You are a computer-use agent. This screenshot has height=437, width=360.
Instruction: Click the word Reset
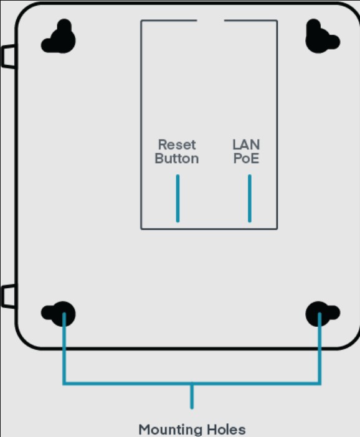point(177,144)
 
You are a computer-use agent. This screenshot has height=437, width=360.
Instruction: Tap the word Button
point(177,158)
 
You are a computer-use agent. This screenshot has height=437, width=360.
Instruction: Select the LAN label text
point(246,144)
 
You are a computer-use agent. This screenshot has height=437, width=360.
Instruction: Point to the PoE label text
point(246,158)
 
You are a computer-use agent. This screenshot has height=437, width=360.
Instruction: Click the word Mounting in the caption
point(169,430)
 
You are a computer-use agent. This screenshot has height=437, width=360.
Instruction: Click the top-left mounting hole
point(59,36)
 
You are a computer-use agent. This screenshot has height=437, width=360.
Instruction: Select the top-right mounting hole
point(323,36)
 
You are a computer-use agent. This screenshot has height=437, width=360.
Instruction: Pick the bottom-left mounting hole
point(59,314)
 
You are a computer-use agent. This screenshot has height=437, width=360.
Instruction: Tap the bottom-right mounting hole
point(323,314)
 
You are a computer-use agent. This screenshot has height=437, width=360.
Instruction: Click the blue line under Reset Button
point(178,199)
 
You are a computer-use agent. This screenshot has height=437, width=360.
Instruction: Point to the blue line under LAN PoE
point(250,199)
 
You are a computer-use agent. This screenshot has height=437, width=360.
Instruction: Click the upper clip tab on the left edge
point(8,56)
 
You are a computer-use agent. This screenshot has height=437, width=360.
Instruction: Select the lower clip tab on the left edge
point(8,296)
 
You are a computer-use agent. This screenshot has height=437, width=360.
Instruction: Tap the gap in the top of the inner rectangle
point(211,21)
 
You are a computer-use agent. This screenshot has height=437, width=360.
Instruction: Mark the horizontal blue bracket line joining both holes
point(192,383)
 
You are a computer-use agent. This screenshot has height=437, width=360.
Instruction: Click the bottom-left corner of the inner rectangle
point(141,229)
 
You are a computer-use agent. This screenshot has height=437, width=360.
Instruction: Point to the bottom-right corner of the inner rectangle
point(277,229)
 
